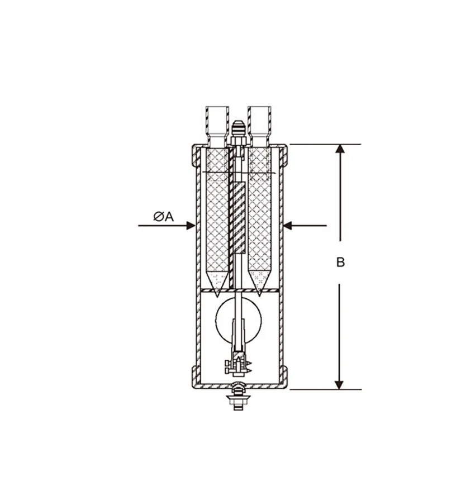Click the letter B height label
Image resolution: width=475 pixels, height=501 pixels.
click(340, 263)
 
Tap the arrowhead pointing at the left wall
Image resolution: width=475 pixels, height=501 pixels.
click(191, 226)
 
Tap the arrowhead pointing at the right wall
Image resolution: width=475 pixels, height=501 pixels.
click(288, 226)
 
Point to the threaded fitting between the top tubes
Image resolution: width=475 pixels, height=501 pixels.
click(239, 131)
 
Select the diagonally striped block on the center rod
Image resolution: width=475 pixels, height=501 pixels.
click(239, 218)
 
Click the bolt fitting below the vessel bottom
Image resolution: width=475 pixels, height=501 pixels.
click(239, 398)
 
